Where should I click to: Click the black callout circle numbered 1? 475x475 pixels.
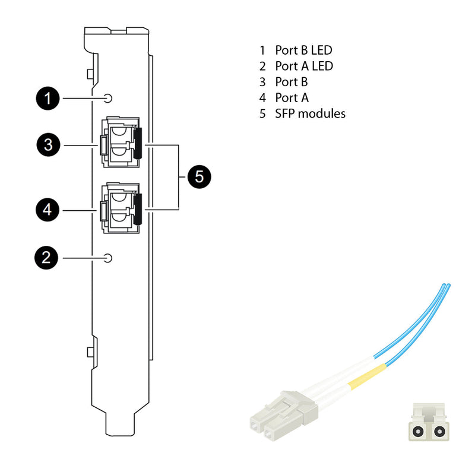[47, 98]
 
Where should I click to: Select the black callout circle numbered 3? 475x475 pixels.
[47, 145]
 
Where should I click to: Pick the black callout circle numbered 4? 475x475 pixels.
[47, 210]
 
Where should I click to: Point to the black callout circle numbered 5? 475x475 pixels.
[199, 176]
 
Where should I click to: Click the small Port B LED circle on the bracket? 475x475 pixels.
[107, 98]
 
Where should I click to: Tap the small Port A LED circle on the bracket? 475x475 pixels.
[107, 258]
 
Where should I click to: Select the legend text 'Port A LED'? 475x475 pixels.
[303, 66]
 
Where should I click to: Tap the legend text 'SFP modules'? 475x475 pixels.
[309, 113]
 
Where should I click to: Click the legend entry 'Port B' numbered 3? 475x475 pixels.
[291, 82]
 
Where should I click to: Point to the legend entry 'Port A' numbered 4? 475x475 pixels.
[291, 98]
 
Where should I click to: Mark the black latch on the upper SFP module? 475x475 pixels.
[138, 143]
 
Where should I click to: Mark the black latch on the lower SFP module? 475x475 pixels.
[138, 209]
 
